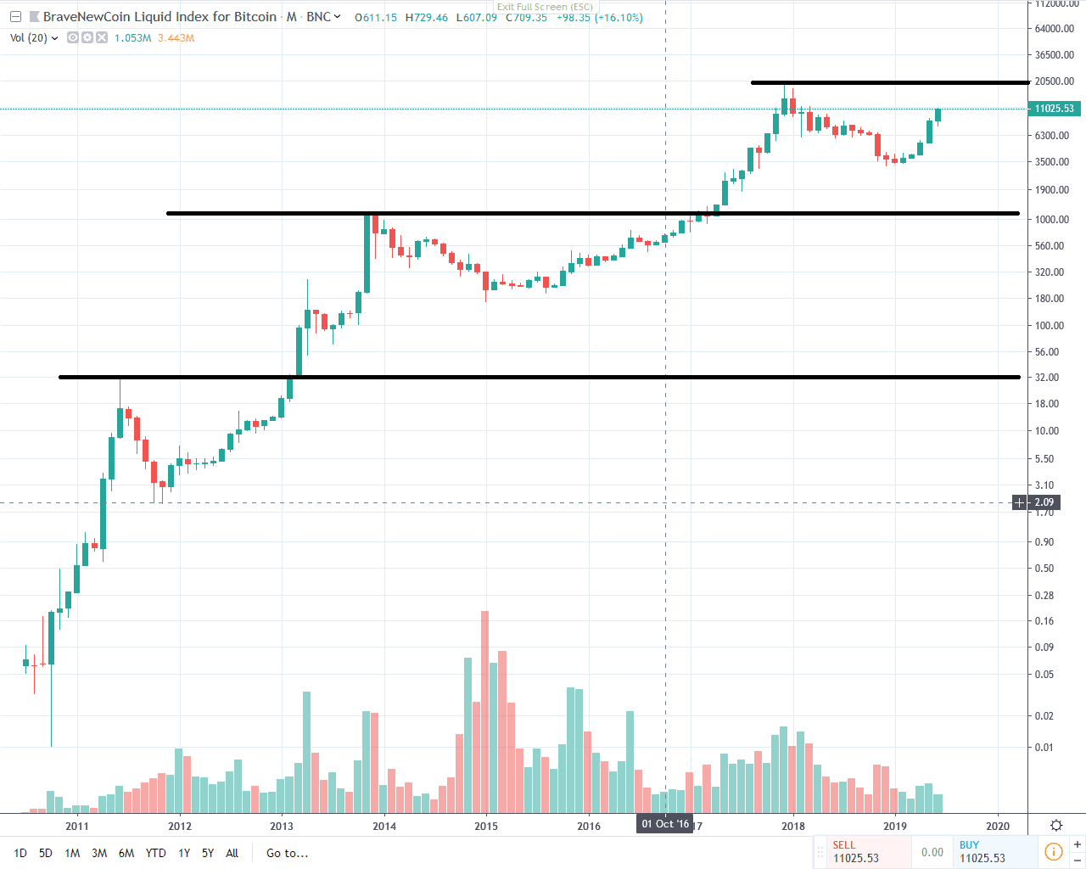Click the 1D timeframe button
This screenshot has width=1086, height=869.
pos(20,853)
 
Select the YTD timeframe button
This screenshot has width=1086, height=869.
pos(155,853)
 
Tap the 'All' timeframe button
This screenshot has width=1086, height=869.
pos(232,853)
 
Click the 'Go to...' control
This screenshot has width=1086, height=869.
pos(287,853)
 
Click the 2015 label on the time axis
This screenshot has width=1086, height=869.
pos(486,826)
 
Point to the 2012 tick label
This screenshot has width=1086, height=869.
pos(180,826)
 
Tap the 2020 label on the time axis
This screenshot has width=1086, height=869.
pos(998,826)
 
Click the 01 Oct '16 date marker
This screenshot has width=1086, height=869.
pos(665,824)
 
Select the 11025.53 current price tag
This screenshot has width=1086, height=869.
pos(1054,109)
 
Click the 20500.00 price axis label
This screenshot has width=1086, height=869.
pos(1054,81)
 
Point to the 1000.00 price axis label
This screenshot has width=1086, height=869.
pos(1052,219)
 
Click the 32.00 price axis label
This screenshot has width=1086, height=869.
pos(1047,377)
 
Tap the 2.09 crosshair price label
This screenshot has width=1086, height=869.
pos(1044,502)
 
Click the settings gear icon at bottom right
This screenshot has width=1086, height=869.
pos(1056,825)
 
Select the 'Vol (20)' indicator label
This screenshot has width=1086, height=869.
pos(30,38)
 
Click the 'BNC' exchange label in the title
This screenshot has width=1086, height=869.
pos(319,17)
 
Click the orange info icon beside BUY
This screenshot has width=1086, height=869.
pos(1053,851)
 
